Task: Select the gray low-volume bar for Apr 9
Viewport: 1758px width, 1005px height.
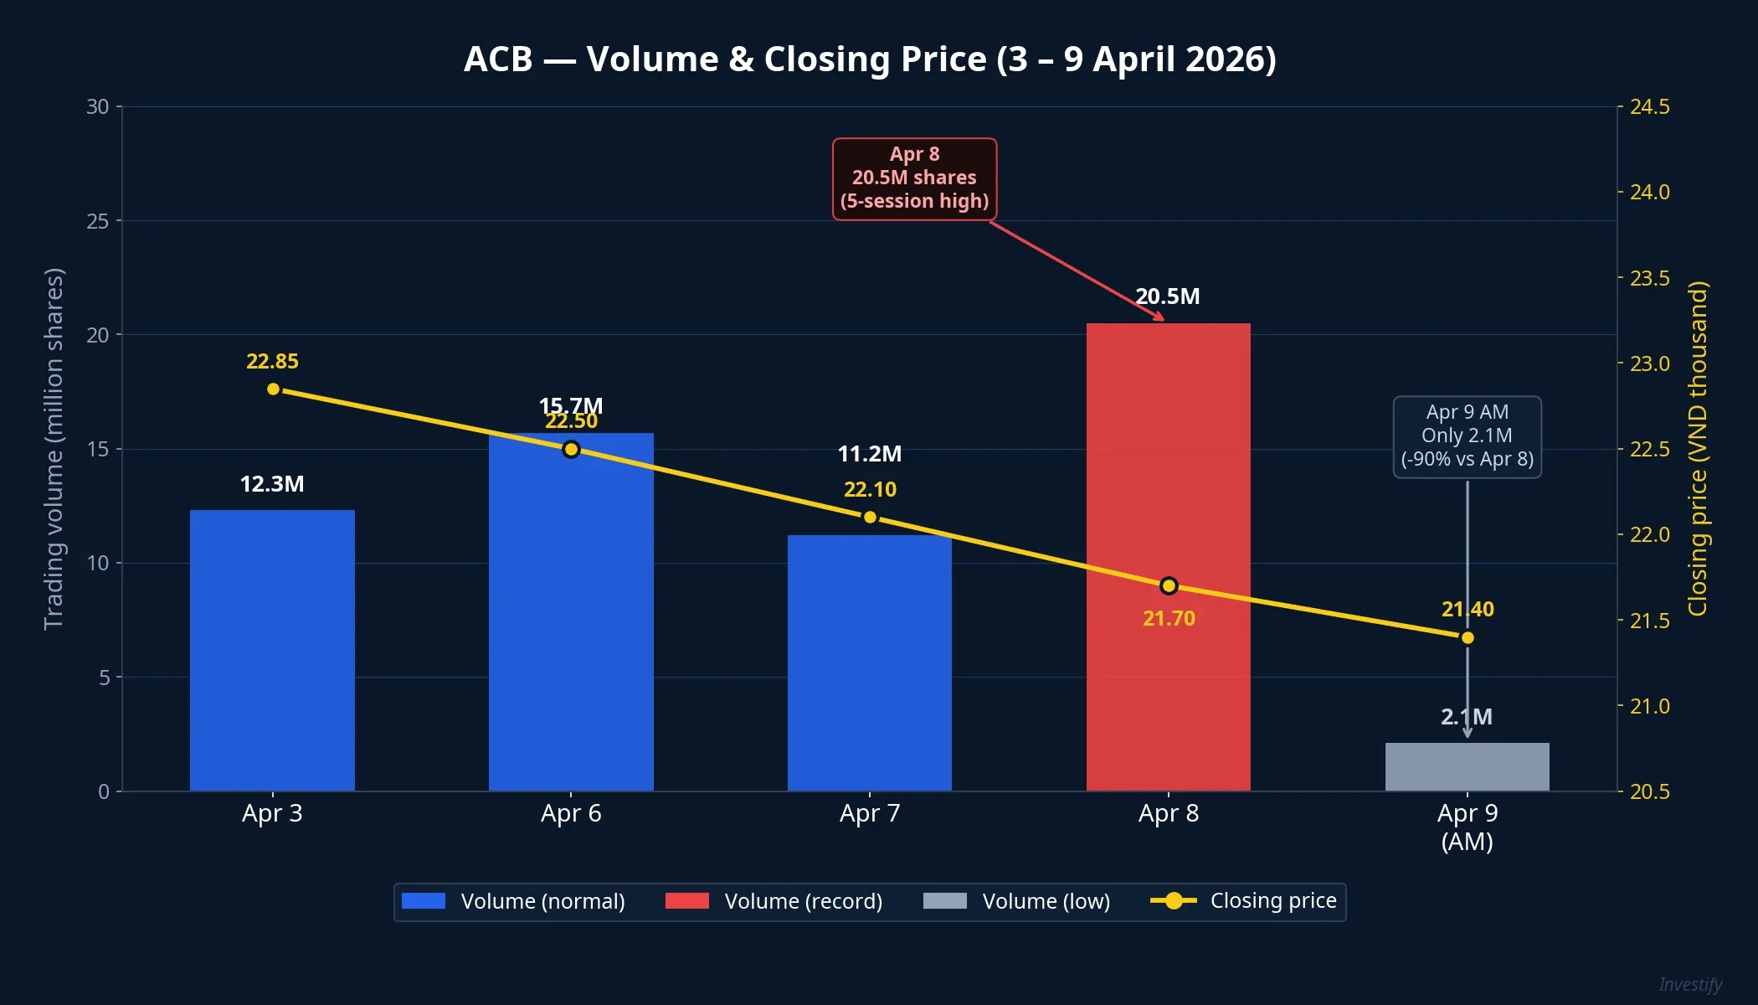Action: pos(1467,767)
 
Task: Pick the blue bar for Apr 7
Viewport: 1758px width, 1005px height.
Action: pos(869,670)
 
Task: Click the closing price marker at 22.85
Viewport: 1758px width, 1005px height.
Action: pos(273,389)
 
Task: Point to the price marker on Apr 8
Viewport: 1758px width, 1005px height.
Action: pos(1169,585)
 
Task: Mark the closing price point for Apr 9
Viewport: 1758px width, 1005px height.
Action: pos(1468,638)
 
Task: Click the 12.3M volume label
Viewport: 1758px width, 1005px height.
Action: pos(272,484)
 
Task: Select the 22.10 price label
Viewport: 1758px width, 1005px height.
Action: pos(870,489)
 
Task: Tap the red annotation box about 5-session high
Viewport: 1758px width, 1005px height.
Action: pos(914,178)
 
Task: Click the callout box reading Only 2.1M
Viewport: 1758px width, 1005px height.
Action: pos(1467,436)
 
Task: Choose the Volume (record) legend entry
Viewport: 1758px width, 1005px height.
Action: pos(774,901)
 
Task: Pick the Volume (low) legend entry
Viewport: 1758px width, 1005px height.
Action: pos(1017,901)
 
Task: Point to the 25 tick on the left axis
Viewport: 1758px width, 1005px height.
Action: pos(98,221)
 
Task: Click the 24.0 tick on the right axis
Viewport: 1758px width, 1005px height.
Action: pos(1649,193)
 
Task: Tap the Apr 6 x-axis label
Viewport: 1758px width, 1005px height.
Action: pos(571,813)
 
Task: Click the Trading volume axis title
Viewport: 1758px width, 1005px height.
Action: pos(54,449)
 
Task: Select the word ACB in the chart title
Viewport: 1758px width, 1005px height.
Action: pos(498,59)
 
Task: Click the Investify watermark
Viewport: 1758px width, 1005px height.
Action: pos(1690,985)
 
